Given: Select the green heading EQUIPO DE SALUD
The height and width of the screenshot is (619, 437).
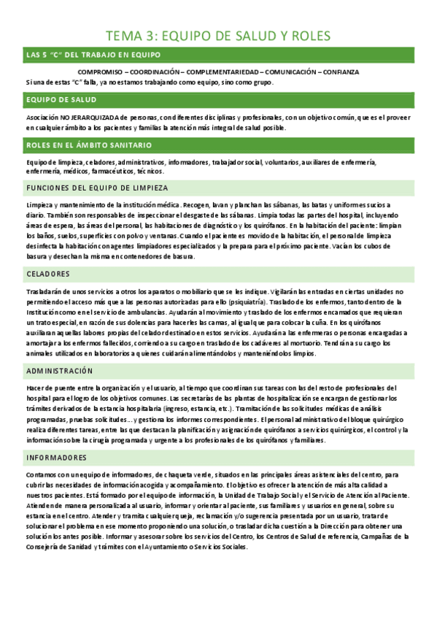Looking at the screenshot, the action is click(x=56, y=100).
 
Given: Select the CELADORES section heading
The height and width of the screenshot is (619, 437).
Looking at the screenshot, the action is click(x=47, y=274).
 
